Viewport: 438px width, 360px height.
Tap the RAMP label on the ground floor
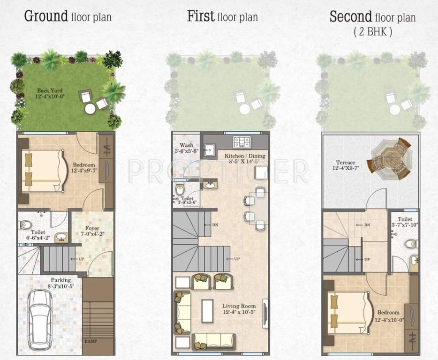point(91,341)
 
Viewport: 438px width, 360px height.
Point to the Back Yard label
point(50,90)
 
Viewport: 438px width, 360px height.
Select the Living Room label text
point(239,307)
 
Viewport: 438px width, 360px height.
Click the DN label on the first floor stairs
point(215,225)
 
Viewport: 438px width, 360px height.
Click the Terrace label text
point(345,163)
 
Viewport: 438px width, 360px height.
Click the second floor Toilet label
point(405,219)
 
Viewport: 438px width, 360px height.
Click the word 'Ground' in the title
point(46,17)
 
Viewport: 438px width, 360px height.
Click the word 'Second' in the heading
point(350,17)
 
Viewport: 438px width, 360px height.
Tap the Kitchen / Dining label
point(245,156)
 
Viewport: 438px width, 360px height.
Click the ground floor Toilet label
point(38,232)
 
